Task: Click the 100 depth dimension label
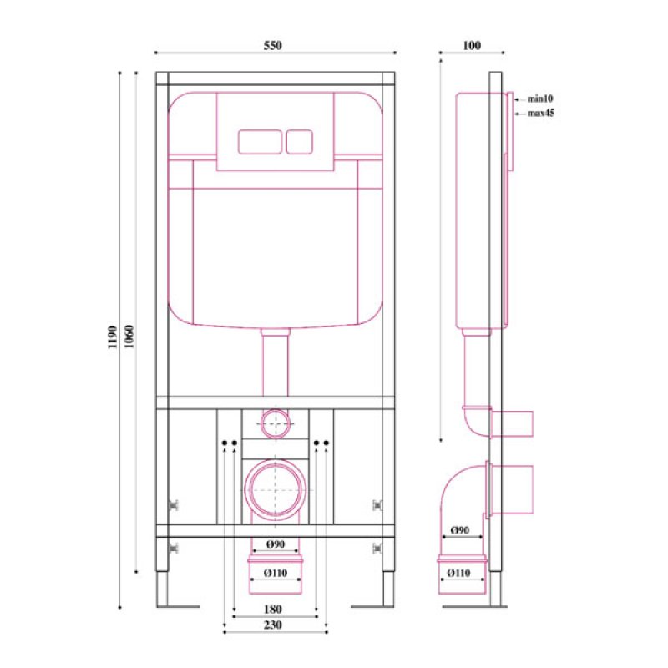[x=471, y=46]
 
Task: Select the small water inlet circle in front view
[x=275, y=424]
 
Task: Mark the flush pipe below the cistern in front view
[x=275, y=363]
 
